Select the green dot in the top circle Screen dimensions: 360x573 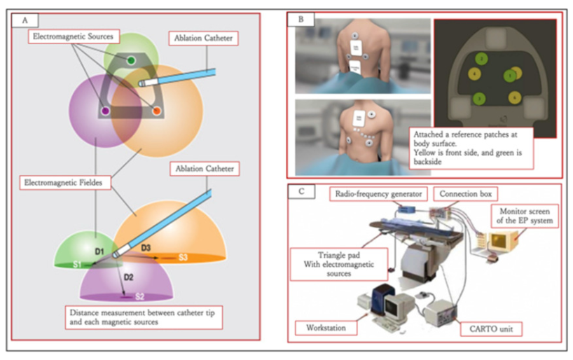tap(131, 60)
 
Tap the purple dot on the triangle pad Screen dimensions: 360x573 tap(105, 110)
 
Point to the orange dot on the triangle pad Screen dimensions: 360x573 tap(156, 110)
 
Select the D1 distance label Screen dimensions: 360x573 tap(99, 250)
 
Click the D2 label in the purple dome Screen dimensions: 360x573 tap(129, 277)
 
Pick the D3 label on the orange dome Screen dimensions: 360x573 tap(146, 248)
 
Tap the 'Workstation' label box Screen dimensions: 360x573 tap(326, 327)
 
